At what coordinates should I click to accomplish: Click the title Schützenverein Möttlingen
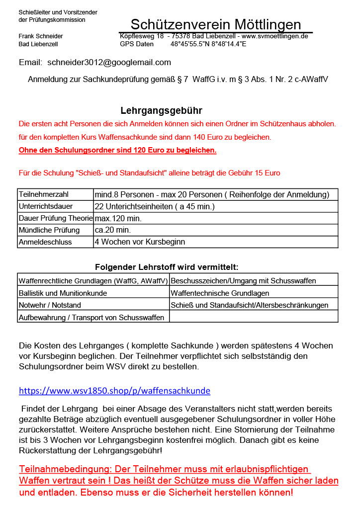(216, 24)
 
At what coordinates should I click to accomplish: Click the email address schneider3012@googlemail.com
(109, 63)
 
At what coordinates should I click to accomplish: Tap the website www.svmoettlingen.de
(275, 36)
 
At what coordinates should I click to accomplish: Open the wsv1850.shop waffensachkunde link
(114, 391)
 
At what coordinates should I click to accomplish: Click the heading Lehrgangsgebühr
(161, 110)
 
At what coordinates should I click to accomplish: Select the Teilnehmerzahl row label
(43, 194)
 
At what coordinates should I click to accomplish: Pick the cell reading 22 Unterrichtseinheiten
(155, 206)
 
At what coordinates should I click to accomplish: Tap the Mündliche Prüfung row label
(49, 230)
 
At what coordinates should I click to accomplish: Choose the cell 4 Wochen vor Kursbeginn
(140, 242)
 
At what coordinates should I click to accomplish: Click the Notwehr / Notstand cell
(50, 305)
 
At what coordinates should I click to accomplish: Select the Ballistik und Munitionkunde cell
(63, 293)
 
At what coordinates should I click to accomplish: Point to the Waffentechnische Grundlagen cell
(220, 293)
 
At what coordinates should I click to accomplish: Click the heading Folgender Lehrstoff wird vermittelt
(167, 267)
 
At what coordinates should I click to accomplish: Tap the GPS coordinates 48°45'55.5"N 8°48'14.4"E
(208, 44)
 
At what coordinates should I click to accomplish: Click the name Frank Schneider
(41, 36)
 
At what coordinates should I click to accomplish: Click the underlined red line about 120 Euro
(117, 150)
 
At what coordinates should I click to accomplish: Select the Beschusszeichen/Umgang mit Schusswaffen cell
(243, 281)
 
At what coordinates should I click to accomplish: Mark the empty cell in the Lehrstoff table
(254, 317)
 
